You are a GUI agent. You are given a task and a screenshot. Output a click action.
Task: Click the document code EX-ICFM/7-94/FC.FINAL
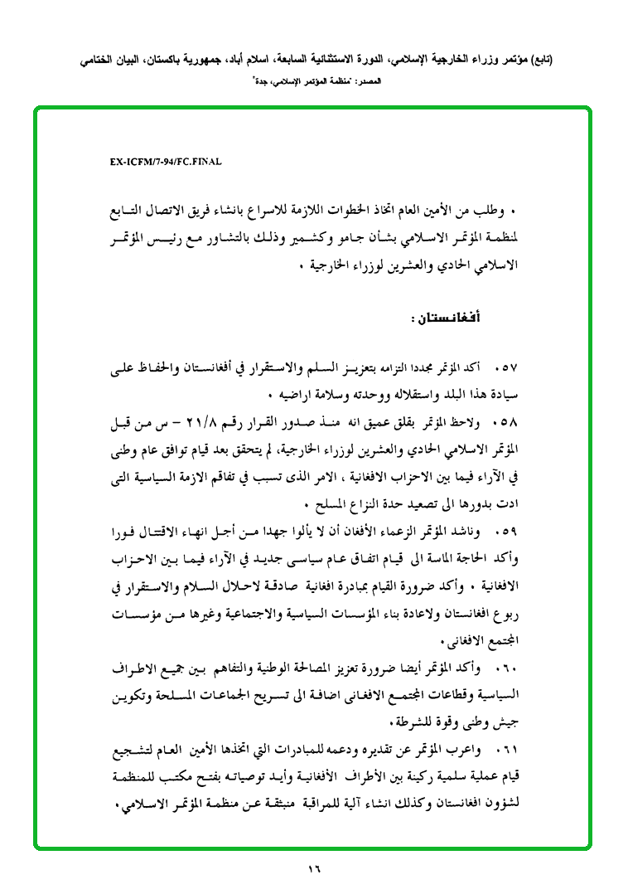click(x=166, y=163)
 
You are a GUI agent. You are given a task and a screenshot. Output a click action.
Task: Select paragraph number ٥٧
click(x=505, y=367)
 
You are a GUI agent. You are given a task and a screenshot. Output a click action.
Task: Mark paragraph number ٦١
click(x=505, y=751)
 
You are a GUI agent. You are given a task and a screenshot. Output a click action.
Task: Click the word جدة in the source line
click(x=262, y=82)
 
